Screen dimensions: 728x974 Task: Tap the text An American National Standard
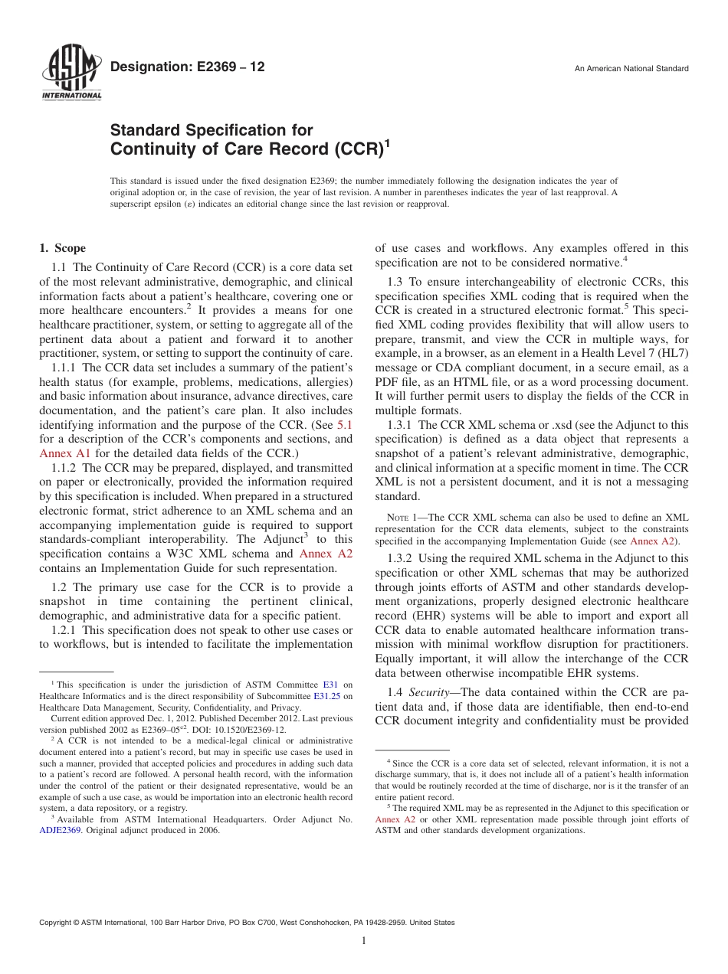tap(631, 69)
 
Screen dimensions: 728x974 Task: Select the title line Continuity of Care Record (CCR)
tap(247, 147)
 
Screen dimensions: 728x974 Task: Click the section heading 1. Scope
tap(63, 248)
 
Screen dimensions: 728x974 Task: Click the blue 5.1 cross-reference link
tap(345, 424)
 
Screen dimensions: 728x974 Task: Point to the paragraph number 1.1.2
tap(64, 467)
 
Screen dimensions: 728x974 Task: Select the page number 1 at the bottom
tap(364, 942)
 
